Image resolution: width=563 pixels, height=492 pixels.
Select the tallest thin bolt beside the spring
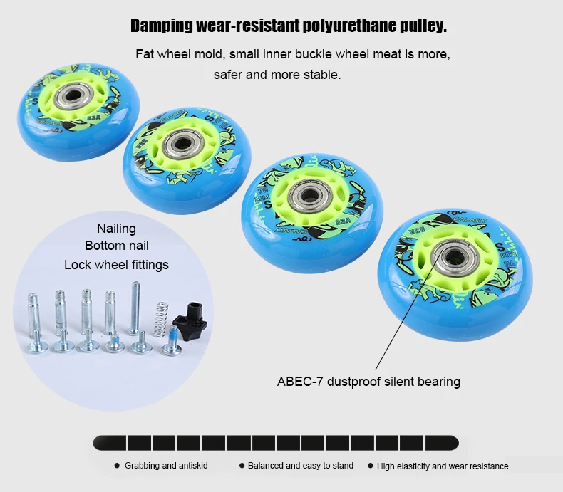pyautogui.click(x=134, y=308)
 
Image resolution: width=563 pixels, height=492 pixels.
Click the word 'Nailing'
pyautogui.click(x=116, y=229)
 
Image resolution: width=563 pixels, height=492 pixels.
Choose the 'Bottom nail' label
pyautogui.click(x=117, y=246)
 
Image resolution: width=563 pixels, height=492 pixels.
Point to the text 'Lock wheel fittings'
pyautogui.click(x=116, y=265)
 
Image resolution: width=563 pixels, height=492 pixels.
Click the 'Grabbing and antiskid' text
pyautogui.click(x=160, y=466)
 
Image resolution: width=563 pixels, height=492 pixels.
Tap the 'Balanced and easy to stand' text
pyautogui.click(x=300, y=466)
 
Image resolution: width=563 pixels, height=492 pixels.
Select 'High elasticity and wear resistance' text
pyautogui.click(x=443, y=466)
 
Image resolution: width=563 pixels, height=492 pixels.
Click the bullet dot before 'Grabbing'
pyautogui.click(x=117, y=466)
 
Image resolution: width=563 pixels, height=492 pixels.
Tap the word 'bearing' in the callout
pyautogui.click(x=440, y=382)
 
